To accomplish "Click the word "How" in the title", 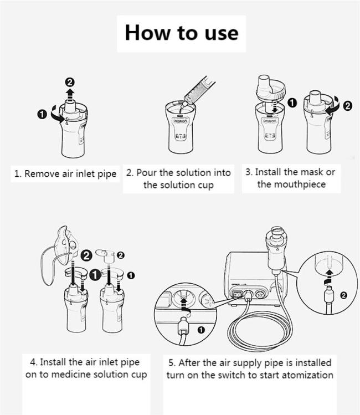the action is [147, 33].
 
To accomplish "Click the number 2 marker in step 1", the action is [70, 83].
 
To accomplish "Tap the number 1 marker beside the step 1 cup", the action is [42, 115].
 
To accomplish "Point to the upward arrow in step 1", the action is [70, 95].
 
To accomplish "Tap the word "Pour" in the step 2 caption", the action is [146, 173].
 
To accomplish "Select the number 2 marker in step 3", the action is [348, 106].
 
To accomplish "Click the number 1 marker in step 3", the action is [292, 103].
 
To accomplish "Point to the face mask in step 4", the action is [66, 245].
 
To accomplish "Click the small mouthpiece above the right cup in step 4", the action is [105, 255].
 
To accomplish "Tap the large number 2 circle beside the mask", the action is [86, 255].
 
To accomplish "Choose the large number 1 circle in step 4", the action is [95, 275].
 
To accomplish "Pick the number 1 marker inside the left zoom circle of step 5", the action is [201, 330].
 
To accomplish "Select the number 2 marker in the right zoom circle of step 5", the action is [343, 295].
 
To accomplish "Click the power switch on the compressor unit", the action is [238, 294].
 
